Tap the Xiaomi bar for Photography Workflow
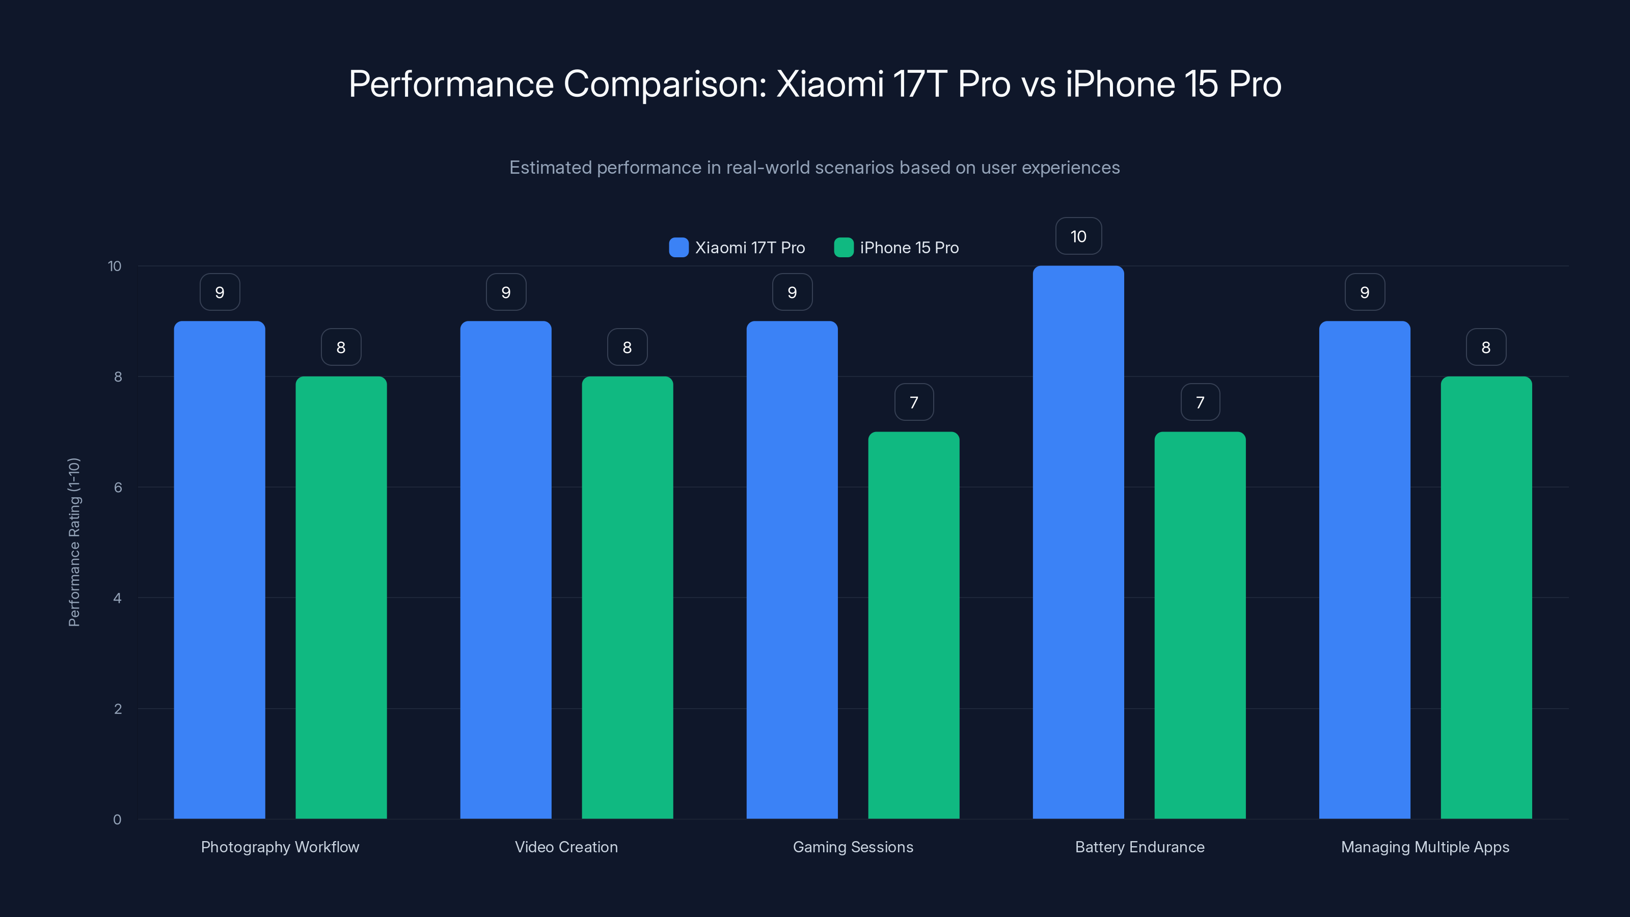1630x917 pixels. (220, 570)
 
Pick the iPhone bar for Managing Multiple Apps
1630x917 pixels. (1486, 598)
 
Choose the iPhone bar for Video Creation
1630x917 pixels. (627, 598)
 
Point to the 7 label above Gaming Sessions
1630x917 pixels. (914, 402)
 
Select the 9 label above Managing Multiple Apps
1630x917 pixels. (1364, 292)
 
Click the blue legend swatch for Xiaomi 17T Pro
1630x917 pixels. (678, 248)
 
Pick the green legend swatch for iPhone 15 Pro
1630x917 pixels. (844, 248)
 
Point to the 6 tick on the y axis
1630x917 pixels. (118, 488)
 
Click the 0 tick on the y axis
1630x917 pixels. (117, 820)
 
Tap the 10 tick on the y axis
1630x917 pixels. (115, 266)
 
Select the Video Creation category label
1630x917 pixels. (566, 847)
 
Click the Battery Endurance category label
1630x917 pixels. (1139, 847)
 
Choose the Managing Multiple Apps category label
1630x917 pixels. (1425, 847)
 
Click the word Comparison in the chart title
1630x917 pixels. (664, 84)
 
